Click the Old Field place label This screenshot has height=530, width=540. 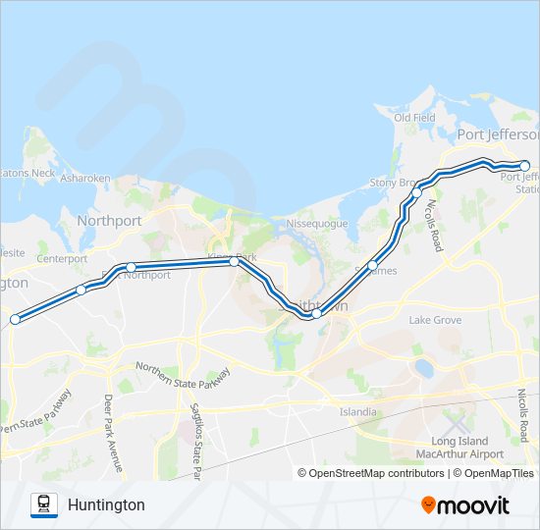pos(414,118)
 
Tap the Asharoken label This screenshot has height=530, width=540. pos(85,179)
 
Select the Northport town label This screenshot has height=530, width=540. pos(109,221)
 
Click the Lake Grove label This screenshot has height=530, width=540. pos(435,320)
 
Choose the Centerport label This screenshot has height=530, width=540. pos(63,259)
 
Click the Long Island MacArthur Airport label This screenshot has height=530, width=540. pos(467,449)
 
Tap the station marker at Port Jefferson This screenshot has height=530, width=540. pos(524,166)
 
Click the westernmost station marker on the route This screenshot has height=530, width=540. pos(15,319)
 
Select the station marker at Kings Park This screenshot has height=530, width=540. pos(234,262)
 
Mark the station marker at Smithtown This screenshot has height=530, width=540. pos(316,314)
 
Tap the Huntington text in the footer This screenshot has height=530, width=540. pos(106,504)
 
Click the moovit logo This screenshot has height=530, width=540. pos(465,504)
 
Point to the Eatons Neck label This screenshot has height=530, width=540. pos(27,173)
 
